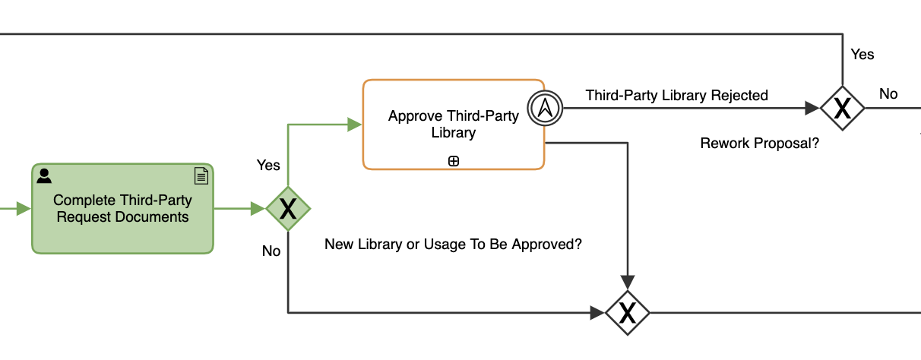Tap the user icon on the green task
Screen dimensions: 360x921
tap(45, 176)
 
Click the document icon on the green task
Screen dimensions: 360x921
tap(201, 176)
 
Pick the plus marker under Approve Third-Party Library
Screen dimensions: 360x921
tap(454, 160)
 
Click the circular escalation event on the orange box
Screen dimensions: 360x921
tap(544, 109)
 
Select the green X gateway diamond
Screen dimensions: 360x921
tap(288, 208)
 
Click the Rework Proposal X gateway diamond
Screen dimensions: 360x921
tap(842, 109)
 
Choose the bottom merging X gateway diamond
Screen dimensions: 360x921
tap(627, 312)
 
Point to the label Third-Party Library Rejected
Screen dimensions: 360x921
tap(676, 96)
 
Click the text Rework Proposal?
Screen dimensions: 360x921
tap(759, 143)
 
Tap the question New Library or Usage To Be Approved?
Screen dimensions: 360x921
tap(458, 245)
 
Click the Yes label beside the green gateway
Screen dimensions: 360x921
tap(268, 165)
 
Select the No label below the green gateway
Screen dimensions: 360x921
tap(271, 251)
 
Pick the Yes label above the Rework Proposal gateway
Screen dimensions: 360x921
tap(862, 55)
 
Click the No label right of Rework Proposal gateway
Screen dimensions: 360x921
tap(888, 94)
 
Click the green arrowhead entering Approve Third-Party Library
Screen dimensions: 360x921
tap(355, 125)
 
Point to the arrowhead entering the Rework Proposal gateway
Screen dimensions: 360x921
tap(812, 109)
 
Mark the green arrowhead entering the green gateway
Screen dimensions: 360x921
tap(258, 208)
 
